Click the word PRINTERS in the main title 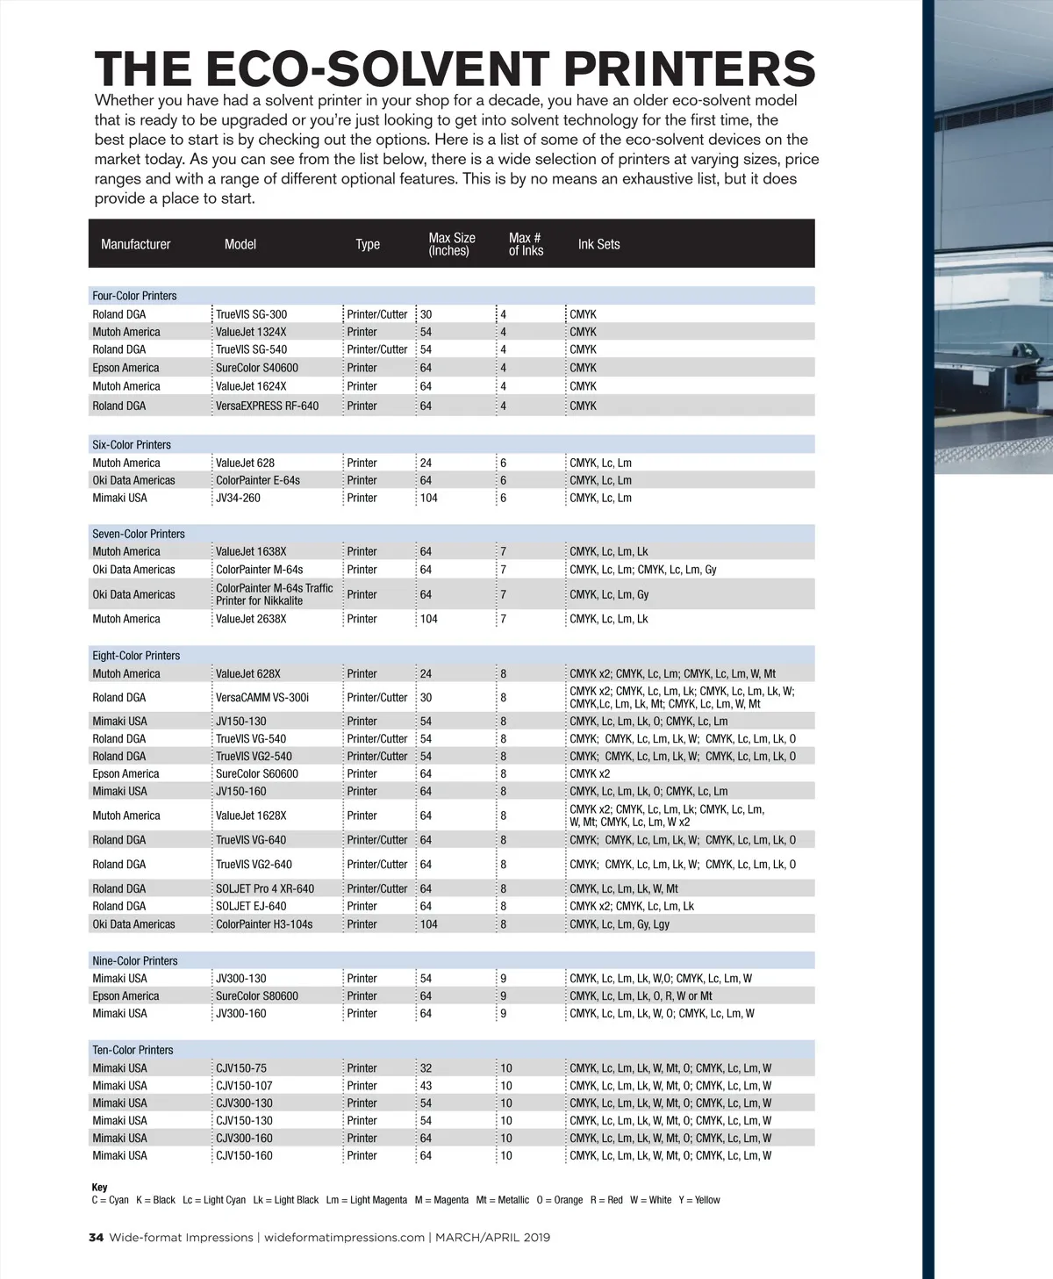pos(689,69)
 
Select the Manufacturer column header pos(135,244)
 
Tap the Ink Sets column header pos(598,244)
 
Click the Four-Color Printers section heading pos(134,296)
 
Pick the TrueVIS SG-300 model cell pos(251,314)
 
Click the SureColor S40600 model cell pos(256,368)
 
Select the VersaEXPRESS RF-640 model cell pos(267,406)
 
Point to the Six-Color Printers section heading pos(132,445)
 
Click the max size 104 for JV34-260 pos(428,498)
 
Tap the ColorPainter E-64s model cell pos(257,480)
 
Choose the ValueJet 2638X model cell pos(251,619)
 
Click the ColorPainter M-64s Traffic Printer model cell pos(274,594)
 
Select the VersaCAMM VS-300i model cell pos(261,698)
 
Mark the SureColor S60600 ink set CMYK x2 pos(589,773)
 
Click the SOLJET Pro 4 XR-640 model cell pos(264,888)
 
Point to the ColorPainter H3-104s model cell pos(263,924)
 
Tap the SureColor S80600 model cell pos(256,996)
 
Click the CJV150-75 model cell pos(240,1068)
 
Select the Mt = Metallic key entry pos(502,1200)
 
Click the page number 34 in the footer pos(96,1238)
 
